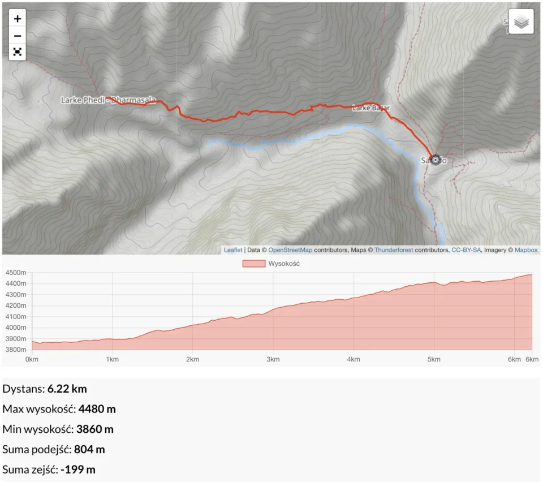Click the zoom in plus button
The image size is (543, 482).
tap(18, 19)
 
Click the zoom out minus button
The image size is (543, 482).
tap(18, 36)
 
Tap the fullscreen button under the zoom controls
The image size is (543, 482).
tap(18, 51)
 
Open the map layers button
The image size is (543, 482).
tap(521, 22)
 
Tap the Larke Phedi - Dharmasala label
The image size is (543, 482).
tap(108, 100)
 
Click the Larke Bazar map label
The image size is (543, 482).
tap(371, 107)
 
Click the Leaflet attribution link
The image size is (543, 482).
tap(233, 250)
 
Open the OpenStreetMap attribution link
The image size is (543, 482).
tap(290, 250)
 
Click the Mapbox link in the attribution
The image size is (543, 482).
tap(526, 250)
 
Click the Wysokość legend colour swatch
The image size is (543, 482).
tap(253, 264)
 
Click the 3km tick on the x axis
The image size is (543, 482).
tap(273, 359)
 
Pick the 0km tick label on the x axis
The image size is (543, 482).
tap(32, 359)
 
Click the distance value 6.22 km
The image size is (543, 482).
tap(67, 389)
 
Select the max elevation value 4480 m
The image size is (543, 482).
tap(97, 409)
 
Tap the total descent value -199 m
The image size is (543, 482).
tap(78, 470)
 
